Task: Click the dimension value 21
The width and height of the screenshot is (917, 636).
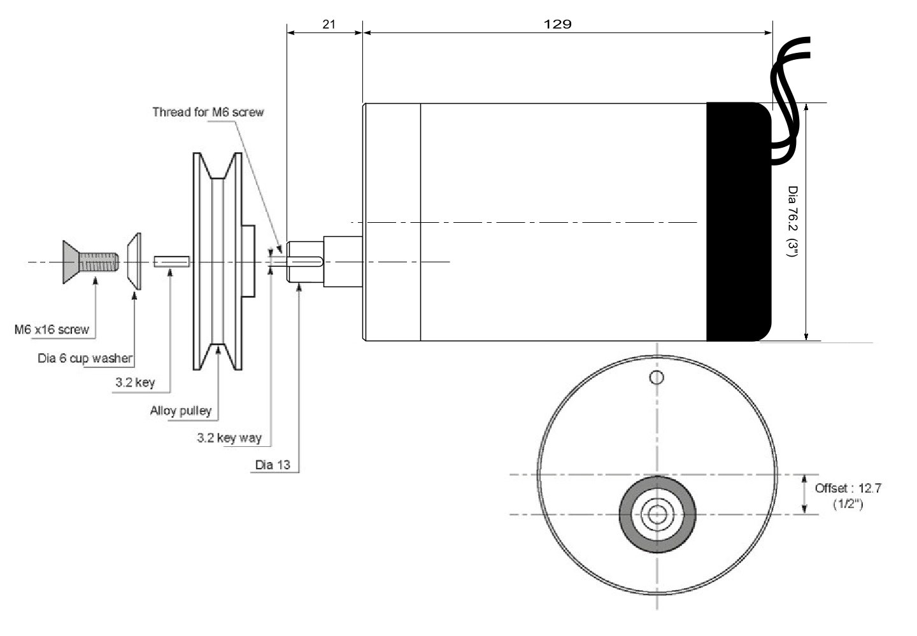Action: point(329,24)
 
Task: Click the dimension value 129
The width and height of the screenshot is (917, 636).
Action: point(558,24)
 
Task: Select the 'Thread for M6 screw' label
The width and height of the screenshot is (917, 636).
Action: point(208,113)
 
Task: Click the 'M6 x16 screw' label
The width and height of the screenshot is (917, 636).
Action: point(52,330)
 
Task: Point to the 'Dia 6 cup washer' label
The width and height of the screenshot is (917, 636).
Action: point(85,358)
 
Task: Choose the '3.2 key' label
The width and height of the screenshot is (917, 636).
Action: point(135,384)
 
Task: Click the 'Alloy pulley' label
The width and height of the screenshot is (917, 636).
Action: point(180,411)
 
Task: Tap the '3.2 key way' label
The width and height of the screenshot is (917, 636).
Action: point(229,438)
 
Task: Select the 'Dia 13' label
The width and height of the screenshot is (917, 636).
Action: point(273,465)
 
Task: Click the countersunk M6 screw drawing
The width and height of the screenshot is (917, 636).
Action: point(89,262)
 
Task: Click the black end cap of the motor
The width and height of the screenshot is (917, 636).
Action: point(737,221)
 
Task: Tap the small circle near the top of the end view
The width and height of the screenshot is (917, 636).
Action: point(656,378)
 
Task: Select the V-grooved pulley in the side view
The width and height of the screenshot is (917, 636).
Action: point(218,262)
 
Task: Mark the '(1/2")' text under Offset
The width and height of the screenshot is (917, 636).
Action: point(848,504)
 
